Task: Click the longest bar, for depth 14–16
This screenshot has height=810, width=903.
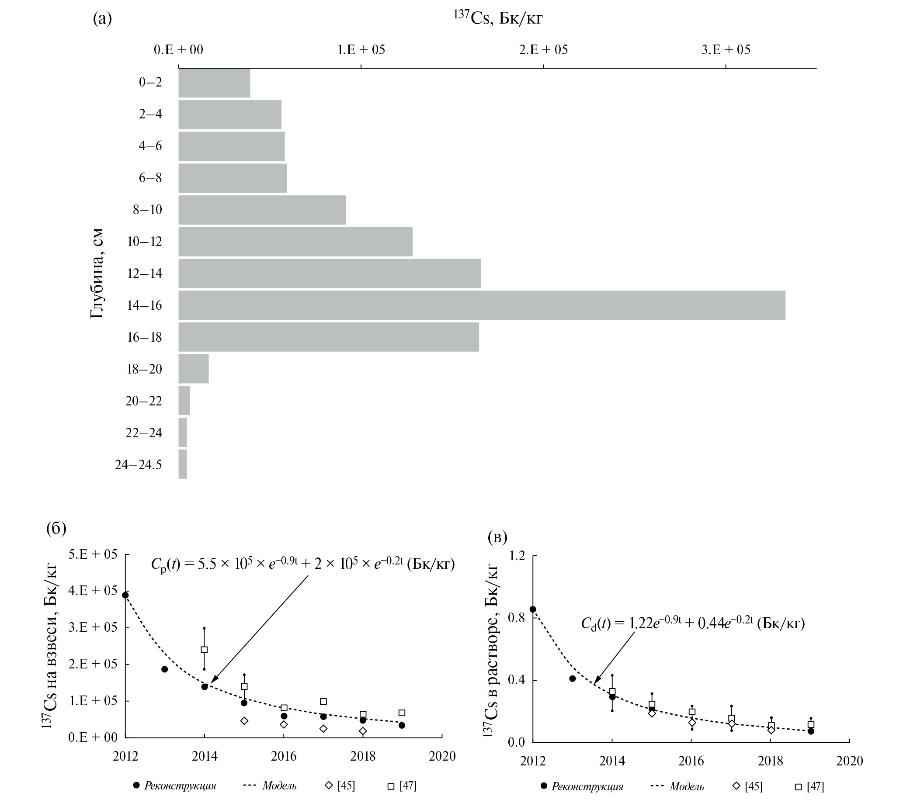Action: (x=482, y=305)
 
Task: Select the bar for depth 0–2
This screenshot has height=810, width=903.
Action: (x=214, y=83)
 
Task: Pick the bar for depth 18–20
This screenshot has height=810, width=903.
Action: (x=194, y=369)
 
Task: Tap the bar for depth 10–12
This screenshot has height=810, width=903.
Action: (x=295, y=242)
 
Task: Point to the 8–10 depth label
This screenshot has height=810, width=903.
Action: (x=147, y=210)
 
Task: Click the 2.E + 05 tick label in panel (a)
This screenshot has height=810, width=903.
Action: (x=543, y=50)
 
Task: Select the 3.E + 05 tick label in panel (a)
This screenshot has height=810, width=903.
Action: (x=726, y=50)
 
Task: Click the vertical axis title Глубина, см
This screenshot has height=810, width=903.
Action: (x=97, y=273)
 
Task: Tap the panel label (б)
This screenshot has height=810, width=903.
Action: (x=56, y=528)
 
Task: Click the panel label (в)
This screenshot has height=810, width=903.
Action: (x=497, y=537)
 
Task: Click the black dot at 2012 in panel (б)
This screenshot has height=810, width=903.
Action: (x=125, y=595)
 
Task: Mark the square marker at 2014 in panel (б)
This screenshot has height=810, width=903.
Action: (x=204, y=649)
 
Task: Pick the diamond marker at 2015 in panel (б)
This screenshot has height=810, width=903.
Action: (x=244, y=720)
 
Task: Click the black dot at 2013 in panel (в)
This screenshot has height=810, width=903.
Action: (x=572, y=678)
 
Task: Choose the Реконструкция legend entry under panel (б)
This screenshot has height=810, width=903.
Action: (x=174, y=786)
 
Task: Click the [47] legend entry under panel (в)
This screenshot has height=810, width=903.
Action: (x=809, y=787)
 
